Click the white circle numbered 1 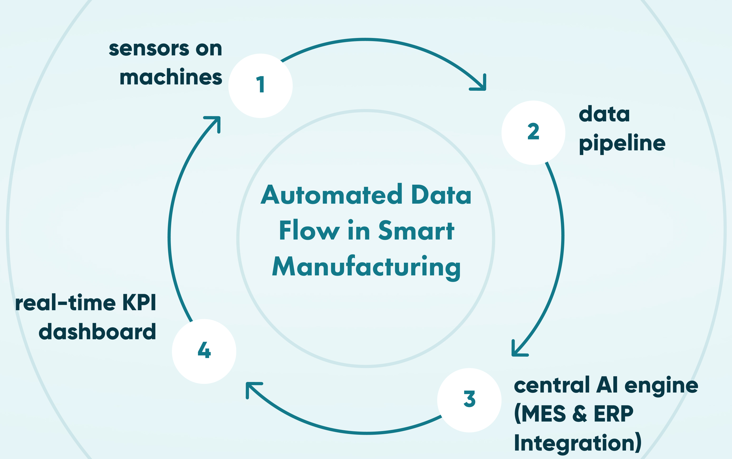tap(260, 86)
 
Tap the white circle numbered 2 tap(533, 133)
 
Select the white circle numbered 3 tap(469, 400)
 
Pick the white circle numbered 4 tap(204, 351)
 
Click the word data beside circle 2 tap(604, 114)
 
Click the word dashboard tap(97, 332)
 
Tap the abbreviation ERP tap(613, 414)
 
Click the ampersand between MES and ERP tap(580, 414)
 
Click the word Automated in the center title tap(331, 195)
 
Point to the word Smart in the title tap(416, 231)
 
